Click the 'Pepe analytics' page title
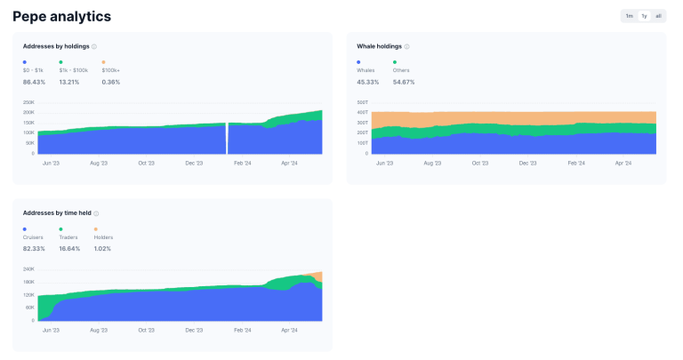pos(62,16)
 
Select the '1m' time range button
pos(629,16)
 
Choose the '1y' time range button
pos(644,16)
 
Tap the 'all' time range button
pos(659,16)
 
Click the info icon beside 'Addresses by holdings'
pos(94,46)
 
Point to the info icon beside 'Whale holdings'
pos(406,46)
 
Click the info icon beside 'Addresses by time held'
pos(96,213)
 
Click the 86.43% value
pos(35,82)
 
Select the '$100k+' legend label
pos(111,69)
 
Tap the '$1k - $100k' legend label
pos(73,69)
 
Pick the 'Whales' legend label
pos(366,69)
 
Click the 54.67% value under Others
pos(404,82)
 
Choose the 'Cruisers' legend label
pos(33,237)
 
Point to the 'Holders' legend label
pos(103,237)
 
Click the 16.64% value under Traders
pos(69,249)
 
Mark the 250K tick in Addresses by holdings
pos(28,102)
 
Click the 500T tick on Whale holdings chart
pos(362,102)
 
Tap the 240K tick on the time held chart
pos(28,268)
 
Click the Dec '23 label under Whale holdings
pos(528,164)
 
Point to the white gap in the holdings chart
pos(227,138)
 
